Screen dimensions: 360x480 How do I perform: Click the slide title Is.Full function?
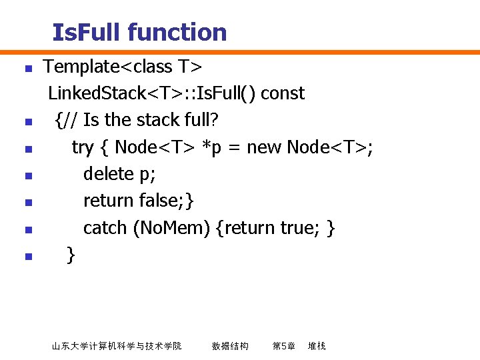(139, 32)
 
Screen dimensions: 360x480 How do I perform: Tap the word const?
(283, 93)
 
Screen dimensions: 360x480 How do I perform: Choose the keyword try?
(83, 147)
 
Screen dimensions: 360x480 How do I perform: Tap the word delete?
(108, 174)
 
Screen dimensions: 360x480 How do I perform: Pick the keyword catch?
(105, 228)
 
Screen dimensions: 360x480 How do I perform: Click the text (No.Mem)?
(172, 228)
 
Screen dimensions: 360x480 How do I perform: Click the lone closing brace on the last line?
(71, 255)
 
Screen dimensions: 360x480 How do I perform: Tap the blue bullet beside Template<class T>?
(27, 68)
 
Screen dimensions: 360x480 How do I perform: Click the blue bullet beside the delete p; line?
(27, 176)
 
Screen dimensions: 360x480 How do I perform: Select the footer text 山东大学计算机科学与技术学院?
(117, 346)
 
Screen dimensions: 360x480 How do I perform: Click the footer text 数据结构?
(230, 346)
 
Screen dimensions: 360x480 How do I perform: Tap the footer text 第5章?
(283, 346)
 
